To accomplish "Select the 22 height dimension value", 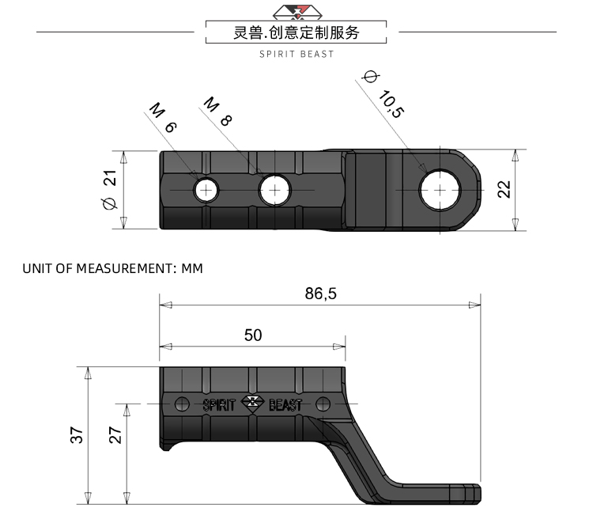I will [504, 189].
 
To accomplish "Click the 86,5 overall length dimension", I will [320, 294].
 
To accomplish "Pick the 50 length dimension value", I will [252, 335].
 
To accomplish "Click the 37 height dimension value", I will [77, 434].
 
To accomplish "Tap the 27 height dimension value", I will [115, 434].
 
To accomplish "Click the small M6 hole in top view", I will [207, 190].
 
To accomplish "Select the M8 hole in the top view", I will [274, 190].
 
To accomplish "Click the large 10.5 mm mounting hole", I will [440, 191].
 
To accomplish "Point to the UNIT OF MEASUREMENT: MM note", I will [112, 268].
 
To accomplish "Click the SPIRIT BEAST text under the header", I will [296, 54].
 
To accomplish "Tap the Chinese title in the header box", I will [296, 33].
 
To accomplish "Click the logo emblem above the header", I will [296, 11].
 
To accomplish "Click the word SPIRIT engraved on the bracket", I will [221, 404].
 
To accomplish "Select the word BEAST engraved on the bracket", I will [285, 404].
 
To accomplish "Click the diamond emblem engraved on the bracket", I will [252, 403].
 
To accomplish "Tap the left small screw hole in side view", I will [182, 404].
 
